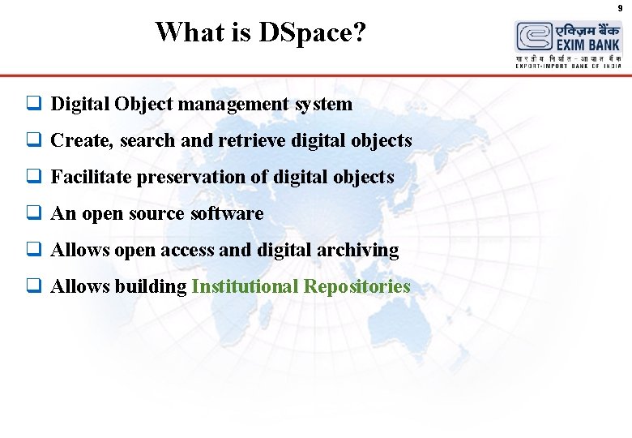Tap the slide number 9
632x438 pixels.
[x=620, y=8]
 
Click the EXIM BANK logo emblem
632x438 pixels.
[x=535, y=37]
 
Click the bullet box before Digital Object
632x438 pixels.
[x=33, y=104]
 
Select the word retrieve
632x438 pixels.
[x=254, y=140]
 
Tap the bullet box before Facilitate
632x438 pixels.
[x=33, y=177]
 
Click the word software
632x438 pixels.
[x=227, y=213]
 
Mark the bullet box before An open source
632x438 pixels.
[x=33, y=213]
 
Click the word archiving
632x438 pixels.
[x=361, y=250]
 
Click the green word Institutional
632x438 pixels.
[x=244, y=286]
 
